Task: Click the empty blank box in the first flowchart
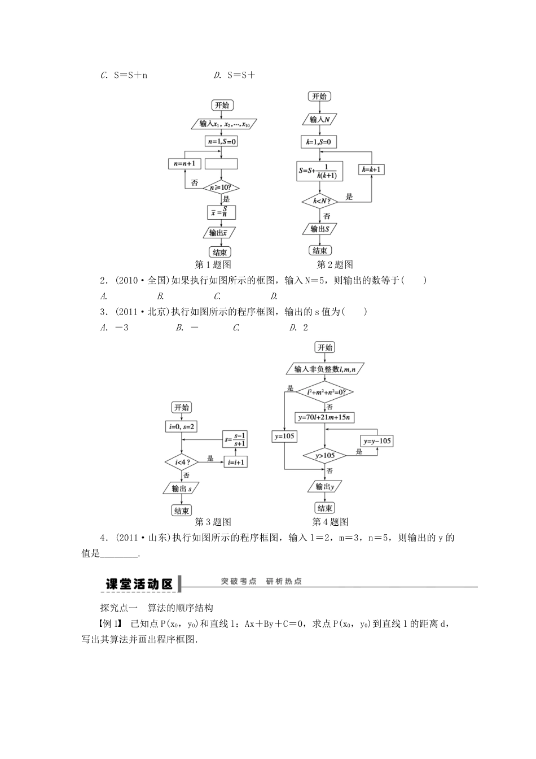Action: [221, 164]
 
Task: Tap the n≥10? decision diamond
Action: [221, 187]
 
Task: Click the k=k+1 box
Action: [371, 169]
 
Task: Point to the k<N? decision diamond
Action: [319, 200]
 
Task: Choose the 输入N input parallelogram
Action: [320, 119]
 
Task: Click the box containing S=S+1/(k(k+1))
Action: [319, 171]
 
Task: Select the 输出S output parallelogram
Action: [319, 229]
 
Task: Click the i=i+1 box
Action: [236, 462]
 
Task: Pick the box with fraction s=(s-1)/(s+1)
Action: [236, 439]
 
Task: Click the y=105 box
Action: [284, 436]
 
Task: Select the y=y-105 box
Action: [377, 441]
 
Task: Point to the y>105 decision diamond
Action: [325, 455]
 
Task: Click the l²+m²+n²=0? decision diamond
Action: [325, 392]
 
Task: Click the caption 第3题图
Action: [213, 522]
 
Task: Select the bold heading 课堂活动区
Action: [139, 584]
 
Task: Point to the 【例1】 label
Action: [110, 623]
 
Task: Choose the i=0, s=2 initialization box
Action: [182, 427]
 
